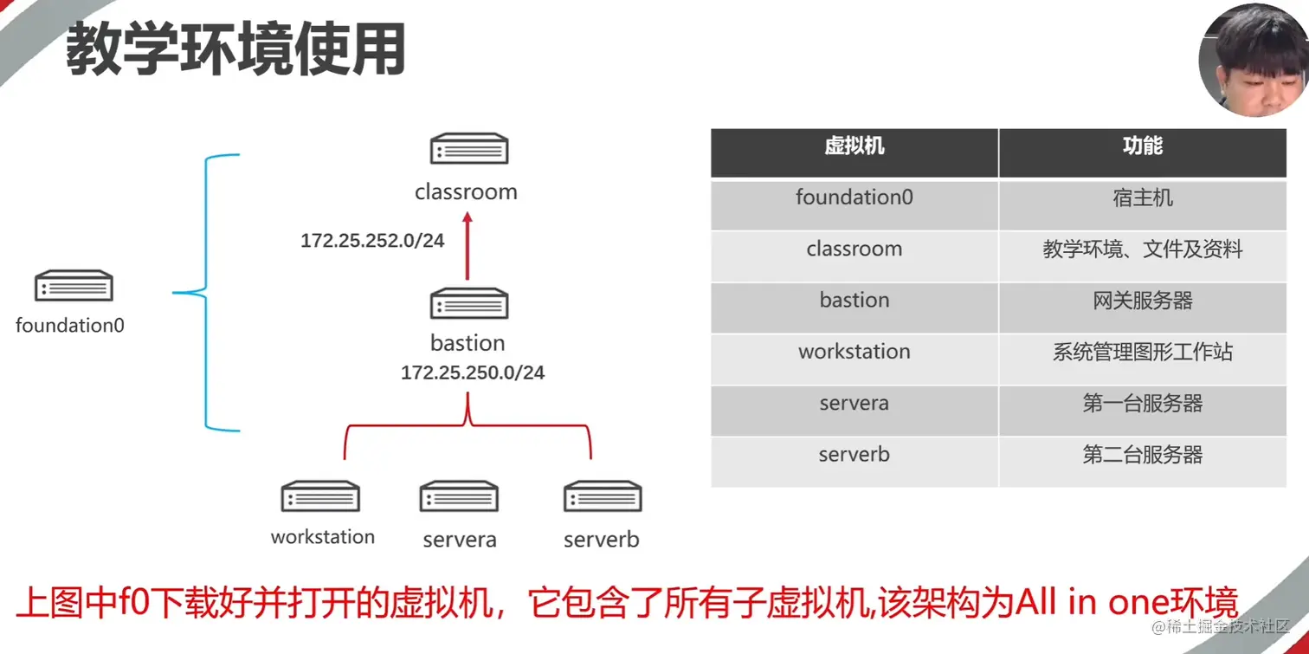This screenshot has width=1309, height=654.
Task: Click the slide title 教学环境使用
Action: (235, 50)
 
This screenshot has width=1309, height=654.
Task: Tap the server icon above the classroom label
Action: (468, 149)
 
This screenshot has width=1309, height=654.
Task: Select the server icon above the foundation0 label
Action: (74, 286)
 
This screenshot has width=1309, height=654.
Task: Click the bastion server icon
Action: (468, 303)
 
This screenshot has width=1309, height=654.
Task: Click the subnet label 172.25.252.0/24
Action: (372, 241)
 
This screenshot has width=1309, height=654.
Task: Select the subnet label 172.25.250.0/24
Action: (473, 373)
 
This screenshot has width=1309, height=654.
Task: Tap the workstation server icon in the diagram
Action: (320, 496)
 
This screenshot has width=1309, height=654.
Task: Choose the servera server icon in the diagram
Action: (459, 496)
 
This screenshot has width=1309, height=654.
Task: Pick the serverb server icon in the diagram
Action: (603, 496)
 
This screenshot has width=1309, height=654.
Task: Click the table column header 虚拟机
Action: (854, 146)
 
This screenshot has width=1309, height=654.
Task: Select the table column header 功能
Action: (1142, 146)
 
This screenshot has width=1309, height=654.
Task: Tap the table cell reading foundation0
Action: (854, 197)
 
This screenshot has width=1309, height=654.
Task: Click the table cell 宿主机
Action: (1142, 197)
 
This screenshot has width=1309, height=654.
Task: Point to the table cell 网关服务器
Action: (1142, 301)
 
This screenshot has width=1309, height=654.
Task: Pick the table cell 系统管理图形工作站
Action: (1142, 352)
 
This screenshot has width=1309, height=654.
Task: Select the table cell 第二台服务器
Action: (1142, 455)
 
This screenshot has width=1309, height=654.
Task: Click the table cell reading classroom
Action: (854, 249)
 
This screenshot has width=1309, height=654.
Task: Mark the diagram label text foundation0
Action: (70, 327)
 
